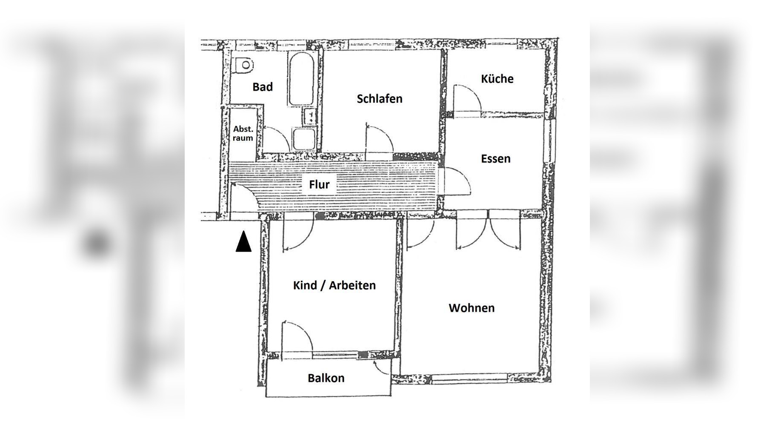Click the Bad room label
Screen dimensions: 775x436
(x=262, y=87)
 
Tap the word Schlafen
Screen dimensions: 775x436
(x=379, y=99)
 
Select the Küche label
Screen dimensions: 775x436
(x=497, y=79)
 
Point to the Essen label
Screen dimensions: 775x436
(x=495, y=159)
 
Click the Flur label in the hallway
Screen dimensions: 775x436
(x=319, y=184)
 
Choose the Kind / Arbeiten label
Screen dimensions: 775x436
(x=334, y=285)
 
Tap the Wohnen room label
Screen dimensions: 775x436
(x=472, y=308)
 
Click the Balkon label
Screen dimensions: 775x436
(x=326, y=378)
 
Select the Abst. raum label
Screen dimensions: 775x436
(x=243, y=133)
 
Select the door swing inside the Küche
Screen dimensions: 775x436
(x=467, y=98)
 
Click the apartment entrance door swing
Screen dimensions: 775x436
(x=244, y=197)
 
